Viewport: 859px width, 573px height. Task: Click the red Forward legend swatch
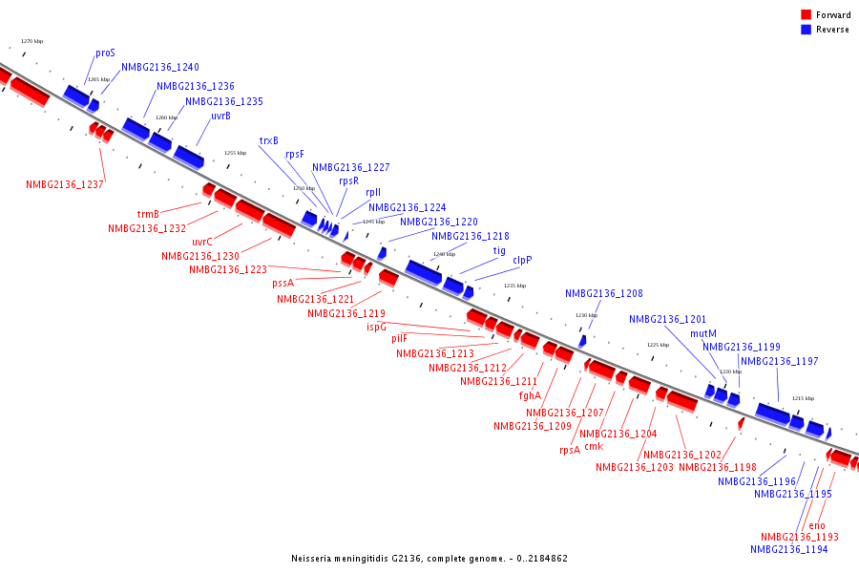point(807,15)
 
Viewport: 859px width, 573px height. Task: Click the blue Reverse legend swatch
point(807,30)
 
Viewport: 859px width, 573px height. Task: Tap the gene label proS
point(105,53)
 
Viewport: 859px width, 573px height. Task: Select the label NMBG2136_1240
point(160,68)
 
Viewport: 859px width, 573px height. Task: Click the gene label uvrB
point(220,116)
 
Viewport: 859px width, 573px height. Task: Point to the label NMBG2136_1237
point(65,184)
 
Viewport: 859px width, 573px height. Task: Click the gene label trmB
point(148,214)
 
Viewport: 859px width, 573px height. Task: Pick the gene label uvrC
point(202,242)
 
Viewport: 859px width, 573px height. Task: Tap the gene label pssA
point(283,283)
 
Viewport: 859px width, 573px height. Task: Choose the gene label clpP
point(522,260)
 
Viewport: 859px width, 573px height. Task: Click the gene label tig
point(499,250)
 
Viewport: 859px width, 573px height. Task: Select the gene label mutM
point(703,333)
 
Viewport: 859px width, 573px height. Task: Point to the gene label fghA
point(530,394)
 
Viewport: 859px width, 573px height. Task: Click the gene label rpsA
point(570,450)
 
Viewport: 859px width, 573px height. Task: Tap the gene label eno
point(817,525)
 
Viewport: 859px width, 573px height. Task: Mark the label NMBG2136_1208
point(603,294)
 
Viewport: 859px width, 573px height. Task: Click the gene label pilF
point(399,338)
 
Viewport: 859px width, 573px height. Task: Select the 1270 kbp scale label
point(31,42)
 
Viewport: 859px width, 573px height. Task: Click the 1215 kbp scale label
point(803,398)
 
